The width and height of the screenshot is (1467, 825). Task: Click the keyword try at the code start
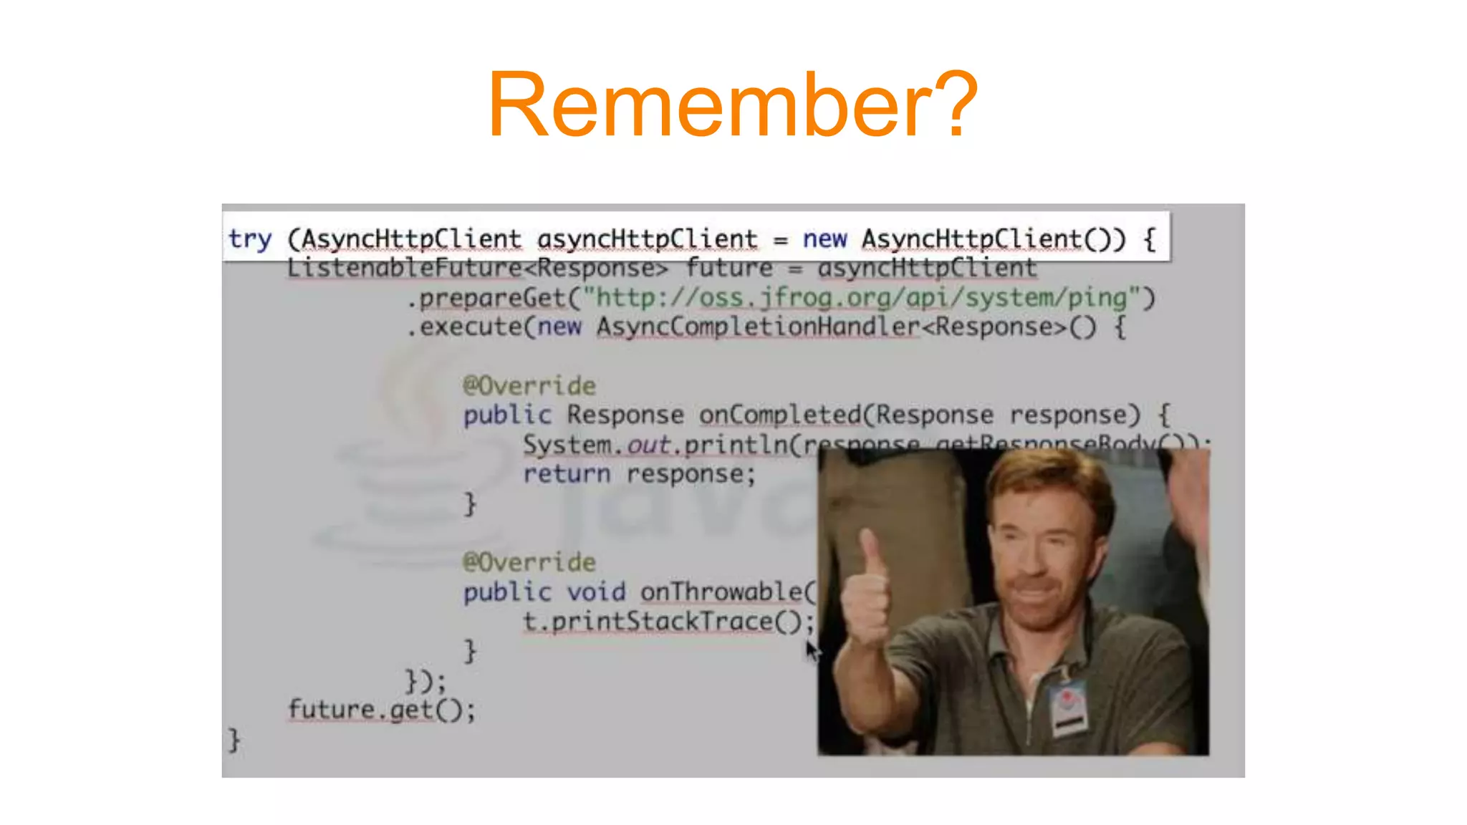[250, 238]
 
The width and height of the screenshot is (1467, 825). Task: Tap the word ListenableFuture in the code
[404, 268]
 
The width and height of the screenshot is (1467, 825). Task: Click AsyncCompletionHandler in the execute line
[758, 327]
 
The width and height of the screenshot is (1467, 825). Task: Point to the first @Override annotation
[529, 386]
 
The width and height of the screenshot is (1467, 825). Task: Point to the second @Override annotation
[529, 562]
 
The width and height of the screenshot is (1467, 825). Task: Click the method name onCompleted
[780, 415]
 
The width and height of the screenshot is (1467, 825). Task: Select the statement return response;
[639, 474]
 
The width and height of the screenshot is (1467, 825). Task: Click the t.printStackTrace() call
[668, 621]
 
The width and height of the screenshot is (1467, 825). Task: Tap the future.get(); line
[381, 710]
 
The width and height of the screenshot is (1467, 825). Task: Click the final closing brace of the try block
[234, 739]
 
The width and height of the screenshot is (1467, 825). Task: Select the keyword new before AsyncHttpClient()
[824, 238]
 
